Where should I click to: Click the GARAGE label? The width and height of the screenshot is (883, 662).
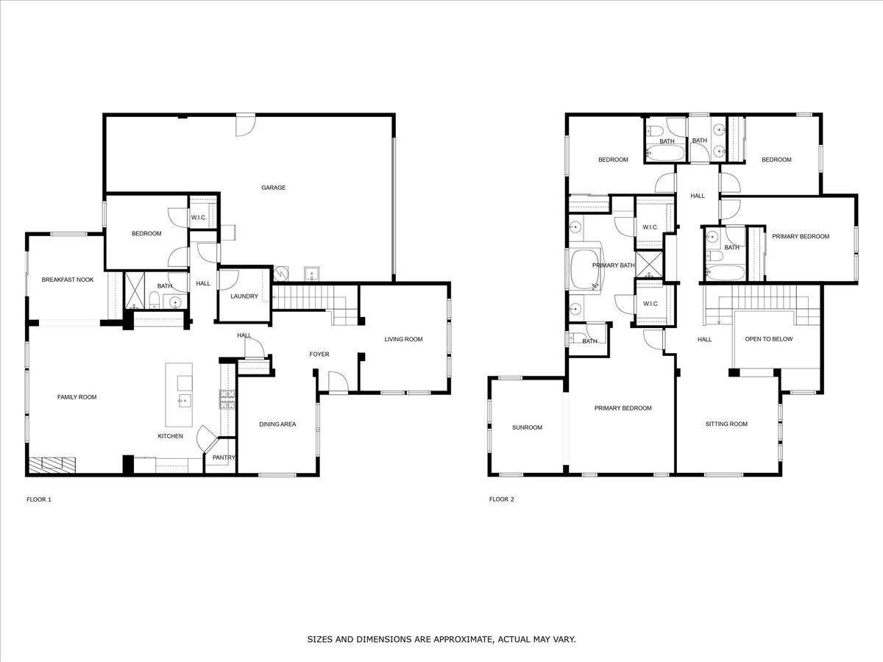(273, 188)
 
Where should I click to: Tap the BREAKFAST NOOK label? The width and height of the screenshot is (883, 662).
(68, 280)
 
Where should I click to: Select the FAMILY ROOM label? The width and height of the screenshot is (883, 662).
(77, 397)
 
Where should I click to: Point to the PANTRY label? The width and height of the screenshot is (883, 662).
(224, 458)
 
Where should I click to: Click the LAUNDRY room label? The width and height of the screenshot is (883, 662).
(244, 296)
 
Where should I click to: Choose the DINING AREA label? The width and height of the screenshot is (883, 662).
(277, 424)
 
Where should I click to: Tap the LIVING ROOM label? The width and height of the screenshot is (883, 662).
(403, 339)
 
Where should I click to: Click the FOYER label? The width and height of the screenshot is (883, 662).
(319, 354)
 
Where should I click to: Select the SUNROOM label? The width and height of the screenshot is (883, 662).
(527, 427)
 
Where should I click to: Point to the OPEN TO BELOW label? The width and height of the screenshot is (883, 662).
(769, 339)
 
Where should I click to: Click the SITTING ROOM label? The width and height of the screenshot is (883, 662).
(726, 424)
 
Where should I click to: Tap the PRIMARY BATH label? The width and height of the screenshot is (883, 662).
(614, 266)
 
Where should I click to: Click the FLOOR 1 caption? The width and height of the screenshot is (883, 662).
(39, 499)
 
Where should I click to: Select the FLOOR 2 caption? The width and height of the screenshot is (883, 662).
(502, 499)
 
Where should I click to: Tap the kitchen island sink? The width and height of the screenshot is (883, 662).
(185, 401)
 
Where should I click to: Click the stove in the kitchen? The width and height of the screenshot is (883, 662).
(227, 399)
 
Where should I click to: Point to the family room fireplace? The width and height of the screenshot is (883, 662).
(53, 465)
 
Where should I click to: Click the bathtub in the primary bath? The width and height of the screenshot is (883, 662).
(585, 270)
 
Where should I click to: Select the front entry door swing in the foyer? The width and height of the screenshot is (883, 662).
(338, 382)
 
